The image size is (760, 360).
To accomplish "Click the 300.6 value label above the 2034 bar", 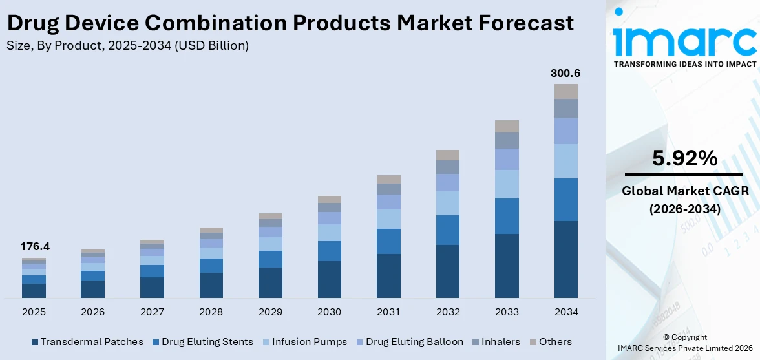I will point(565,74).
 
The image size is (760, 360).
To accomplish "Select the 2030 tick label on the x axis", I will point(329,312).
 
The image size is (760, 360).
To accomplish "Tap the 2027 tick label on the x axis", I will point(152,312).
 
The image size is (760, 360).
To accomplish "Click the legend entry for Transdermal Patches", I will point(87,342).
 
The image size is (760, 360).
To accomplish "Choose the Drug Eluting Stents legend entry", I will point(202,342).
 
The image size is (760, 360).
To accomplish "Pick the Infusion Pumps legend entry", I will point(304,342).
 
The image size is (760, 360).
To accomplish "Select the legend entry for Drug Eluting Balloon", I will point(409,342).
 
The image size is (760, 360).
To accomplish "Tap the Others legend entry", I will point(551,342).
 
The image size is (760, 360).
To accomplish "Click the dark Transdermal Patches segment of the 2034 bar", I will point(565,259).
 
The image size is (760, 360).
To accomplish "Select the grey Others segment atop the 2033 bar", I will point(507,126).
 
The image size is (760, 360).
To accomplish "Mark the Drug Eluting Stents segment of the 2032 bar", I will point(447,230).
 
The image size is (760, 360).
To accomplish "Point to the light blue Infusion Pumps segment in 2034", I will point(565,161).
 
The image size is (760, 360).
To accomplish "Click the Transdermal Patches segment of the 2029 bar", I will point(270,282).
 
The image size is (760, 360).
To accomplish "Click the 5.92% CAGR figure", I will point(684,158).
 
